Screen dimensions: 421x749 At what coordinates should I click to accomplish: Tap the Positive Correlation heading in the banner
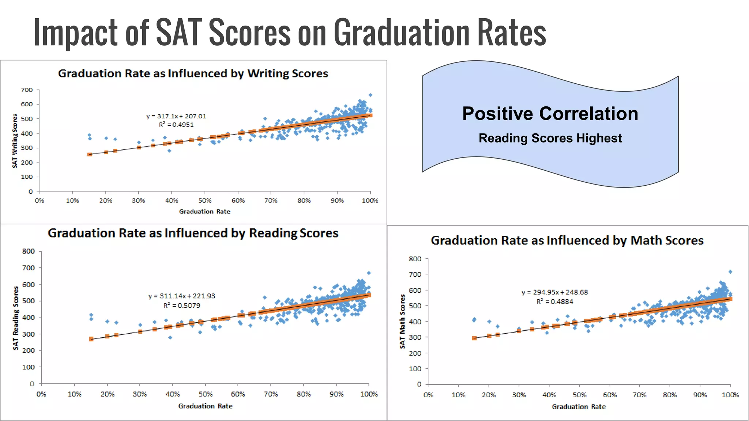click(550, 113)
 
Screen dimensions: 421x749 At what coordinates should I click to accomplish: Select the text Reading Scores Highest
click(550, 138)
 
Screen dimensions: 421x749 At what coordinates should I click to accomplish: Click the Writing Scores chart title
click(193, 73)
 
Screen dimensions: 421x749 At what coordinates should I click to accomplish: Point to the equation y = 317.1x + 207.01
click(176, 116)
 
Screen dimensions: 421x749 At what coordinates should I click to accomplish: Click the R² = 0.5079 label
click(182, 306)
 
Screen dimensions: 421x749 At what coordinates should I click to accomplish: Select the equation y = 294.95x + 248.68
click(555, 292)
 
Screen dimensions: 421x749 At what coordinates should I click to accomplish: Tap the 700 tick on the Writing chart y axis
click(27, 90)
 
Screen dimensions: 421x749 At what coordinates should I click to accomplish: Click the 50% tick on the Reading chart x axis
click(206, 394)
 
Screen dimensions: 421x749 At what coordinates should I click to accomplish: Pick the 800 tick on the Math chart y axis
click(415, 259)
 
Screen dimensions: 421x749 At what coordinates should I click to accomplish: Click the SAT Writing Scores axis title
click(15, 141)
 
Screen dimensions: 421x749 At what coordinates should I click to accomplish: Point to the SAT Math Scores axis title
click(402, 321)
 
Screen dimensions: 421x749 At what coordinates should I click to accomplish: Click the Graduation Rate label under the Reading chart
click(205, 406)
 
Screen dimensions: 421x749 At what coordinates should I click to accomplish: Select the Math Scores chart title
click(567, 240)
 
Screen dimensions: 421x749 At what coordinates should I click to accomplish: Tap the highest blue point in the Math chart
click(730, 272)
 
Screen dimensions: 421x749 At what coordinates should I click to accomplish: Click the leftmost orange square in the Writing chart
click(90, 155)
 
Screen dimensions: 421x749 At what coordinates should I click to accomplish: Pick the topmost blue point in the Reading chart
click(369, 273)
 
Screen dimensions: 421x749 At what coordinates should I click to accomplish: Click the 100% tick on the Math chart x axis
click(730, 395)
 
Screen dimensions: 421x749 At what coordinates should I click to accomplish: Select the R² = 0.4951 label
click(176, 125)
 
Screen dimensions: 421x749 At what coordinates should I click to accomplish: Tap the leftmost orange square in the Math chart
click(474, 338)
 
